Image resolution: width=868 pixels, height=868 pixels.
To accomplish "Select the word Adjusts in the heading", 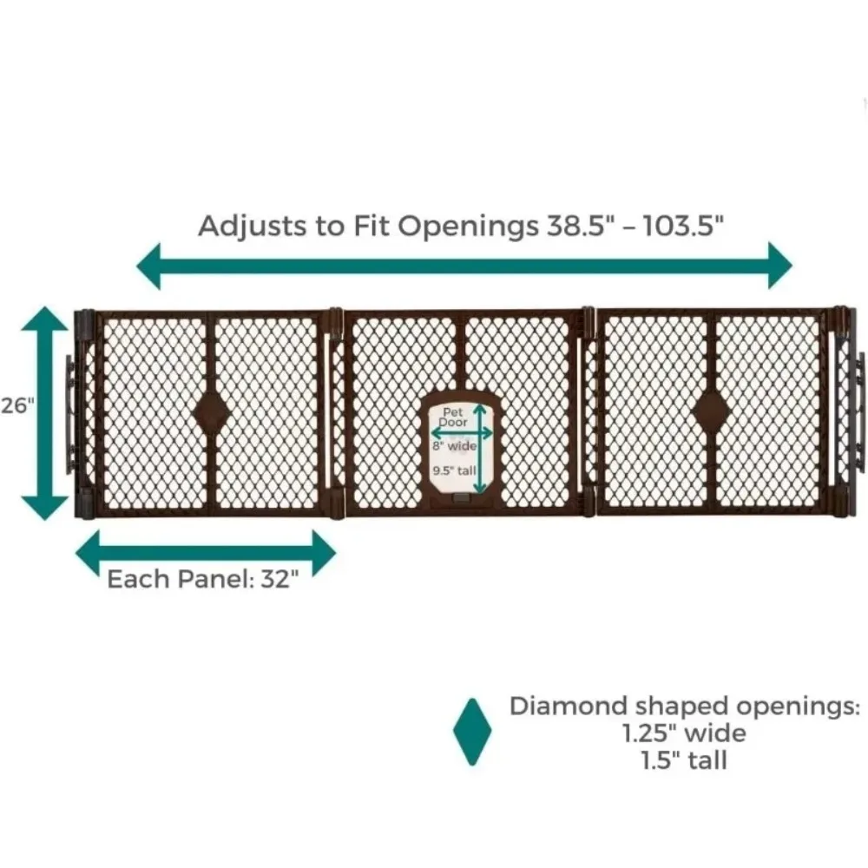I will pyautogui.click(x=244, y=226).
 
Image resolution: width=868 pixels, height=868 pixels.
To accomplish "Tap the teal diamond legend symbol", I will pyautogui.click(x=472, y=732).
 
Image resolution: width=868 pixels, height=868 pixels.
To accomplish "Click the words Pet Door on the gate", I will pyautogui.click(x=453, y=416).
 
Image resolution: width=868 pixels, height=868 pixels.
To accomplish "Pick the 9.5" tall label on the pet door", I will pyautogui.click(x=453, y=471).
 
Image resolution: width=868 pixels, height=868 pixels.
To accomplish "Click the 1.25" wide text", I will pyautogui.click(x=681, y=733).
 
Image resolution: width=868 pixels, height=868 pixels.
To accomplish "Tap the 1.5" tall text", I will pyautogui.click(x=681, y=760).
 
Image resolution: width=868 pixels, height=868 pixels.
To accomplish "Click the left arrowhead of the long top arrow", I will pyautogui.click(x=149, y=265).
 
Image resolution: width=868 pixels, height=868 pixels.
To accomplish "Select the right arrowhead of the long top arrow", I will pyautogui.click(x=779, y=265).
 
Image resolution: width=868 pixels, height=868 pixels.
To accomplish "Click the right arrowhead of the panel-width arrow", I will pyautogui.click(x=323, y=553).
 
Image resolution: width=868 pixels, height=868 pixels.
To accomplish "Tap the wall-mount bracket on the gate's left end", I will pyautogui.click(x=70, y=413).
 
